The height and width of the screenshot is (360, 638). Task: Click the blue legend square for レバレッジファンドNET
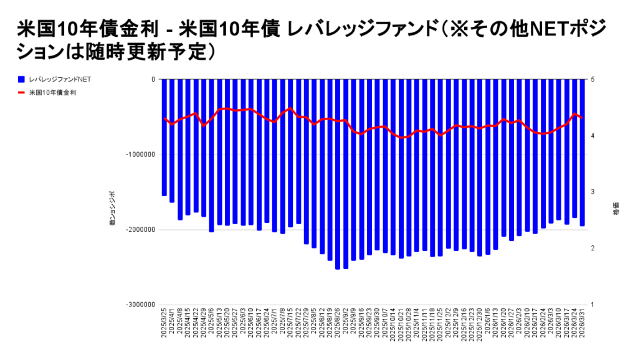21,80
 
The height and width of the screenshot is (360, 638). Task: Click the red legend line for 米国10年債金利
21,93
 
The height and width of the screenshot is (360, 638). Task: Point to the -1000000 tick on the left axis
141,154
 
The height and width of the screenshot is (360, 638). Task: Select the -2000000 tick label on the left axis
141,230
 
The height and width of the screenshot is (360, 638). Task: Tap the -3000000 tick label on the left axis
141,305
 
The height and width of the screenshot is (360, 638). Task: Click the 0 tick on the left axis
153,80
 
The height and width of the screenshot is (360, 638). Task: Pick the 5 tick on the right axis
593,80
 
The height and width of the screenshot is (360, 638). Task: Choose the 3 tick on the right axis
593,192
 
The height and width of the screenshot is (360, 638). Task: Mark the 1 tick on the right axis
593,305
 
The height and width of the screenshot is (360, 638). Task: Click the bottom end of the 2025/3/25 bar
164,195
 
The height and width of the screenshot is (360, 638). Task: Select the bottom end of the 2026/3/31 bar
583,225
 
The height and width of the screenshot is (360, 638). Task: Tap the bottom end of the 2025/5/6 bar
212,232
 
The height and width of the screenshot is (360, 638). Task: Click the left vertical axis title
113,211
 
